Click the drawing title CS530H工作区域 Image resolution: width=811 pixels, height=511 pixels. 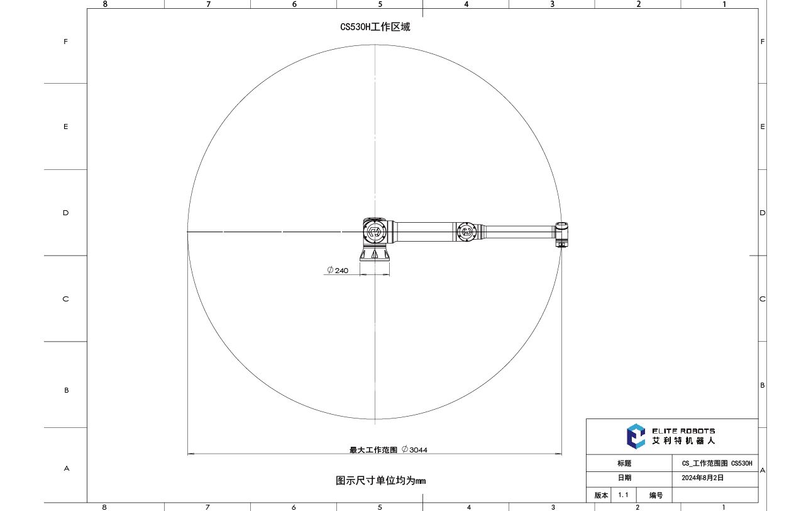pyautogui.click(x=375, y=27)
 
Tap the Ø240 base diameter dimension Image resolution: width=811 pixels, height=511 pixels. pyautogui.click(x=338, y=271)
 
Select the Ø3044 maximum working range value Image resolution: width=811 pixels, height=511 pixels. pyautogui.click(x=415, y=450)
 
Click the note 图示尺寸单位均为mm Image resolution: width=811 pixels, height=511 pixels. pyautogui.click(x=380, y=481)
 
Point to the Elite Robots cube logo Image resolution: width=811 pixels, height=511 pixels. pyautogui.click(x=636, y=436)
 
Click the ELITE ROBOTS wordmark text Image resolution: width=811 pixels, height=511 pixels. pyautogui.click(x=683, y=431)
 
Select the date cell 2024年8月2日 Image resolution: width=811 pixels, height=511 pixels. pyautogui.click(x=702, y=478)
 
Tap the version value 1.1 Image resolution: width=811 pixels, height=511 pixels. pyautogui.click(x=623, y=495)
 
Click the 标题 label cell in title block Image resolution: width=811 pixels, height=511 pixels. pyautogui.click(x=624, y=463)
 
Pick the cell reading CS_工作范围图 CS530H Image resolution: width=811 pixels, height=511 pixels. pyautogui.click(x=717, y=463)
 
